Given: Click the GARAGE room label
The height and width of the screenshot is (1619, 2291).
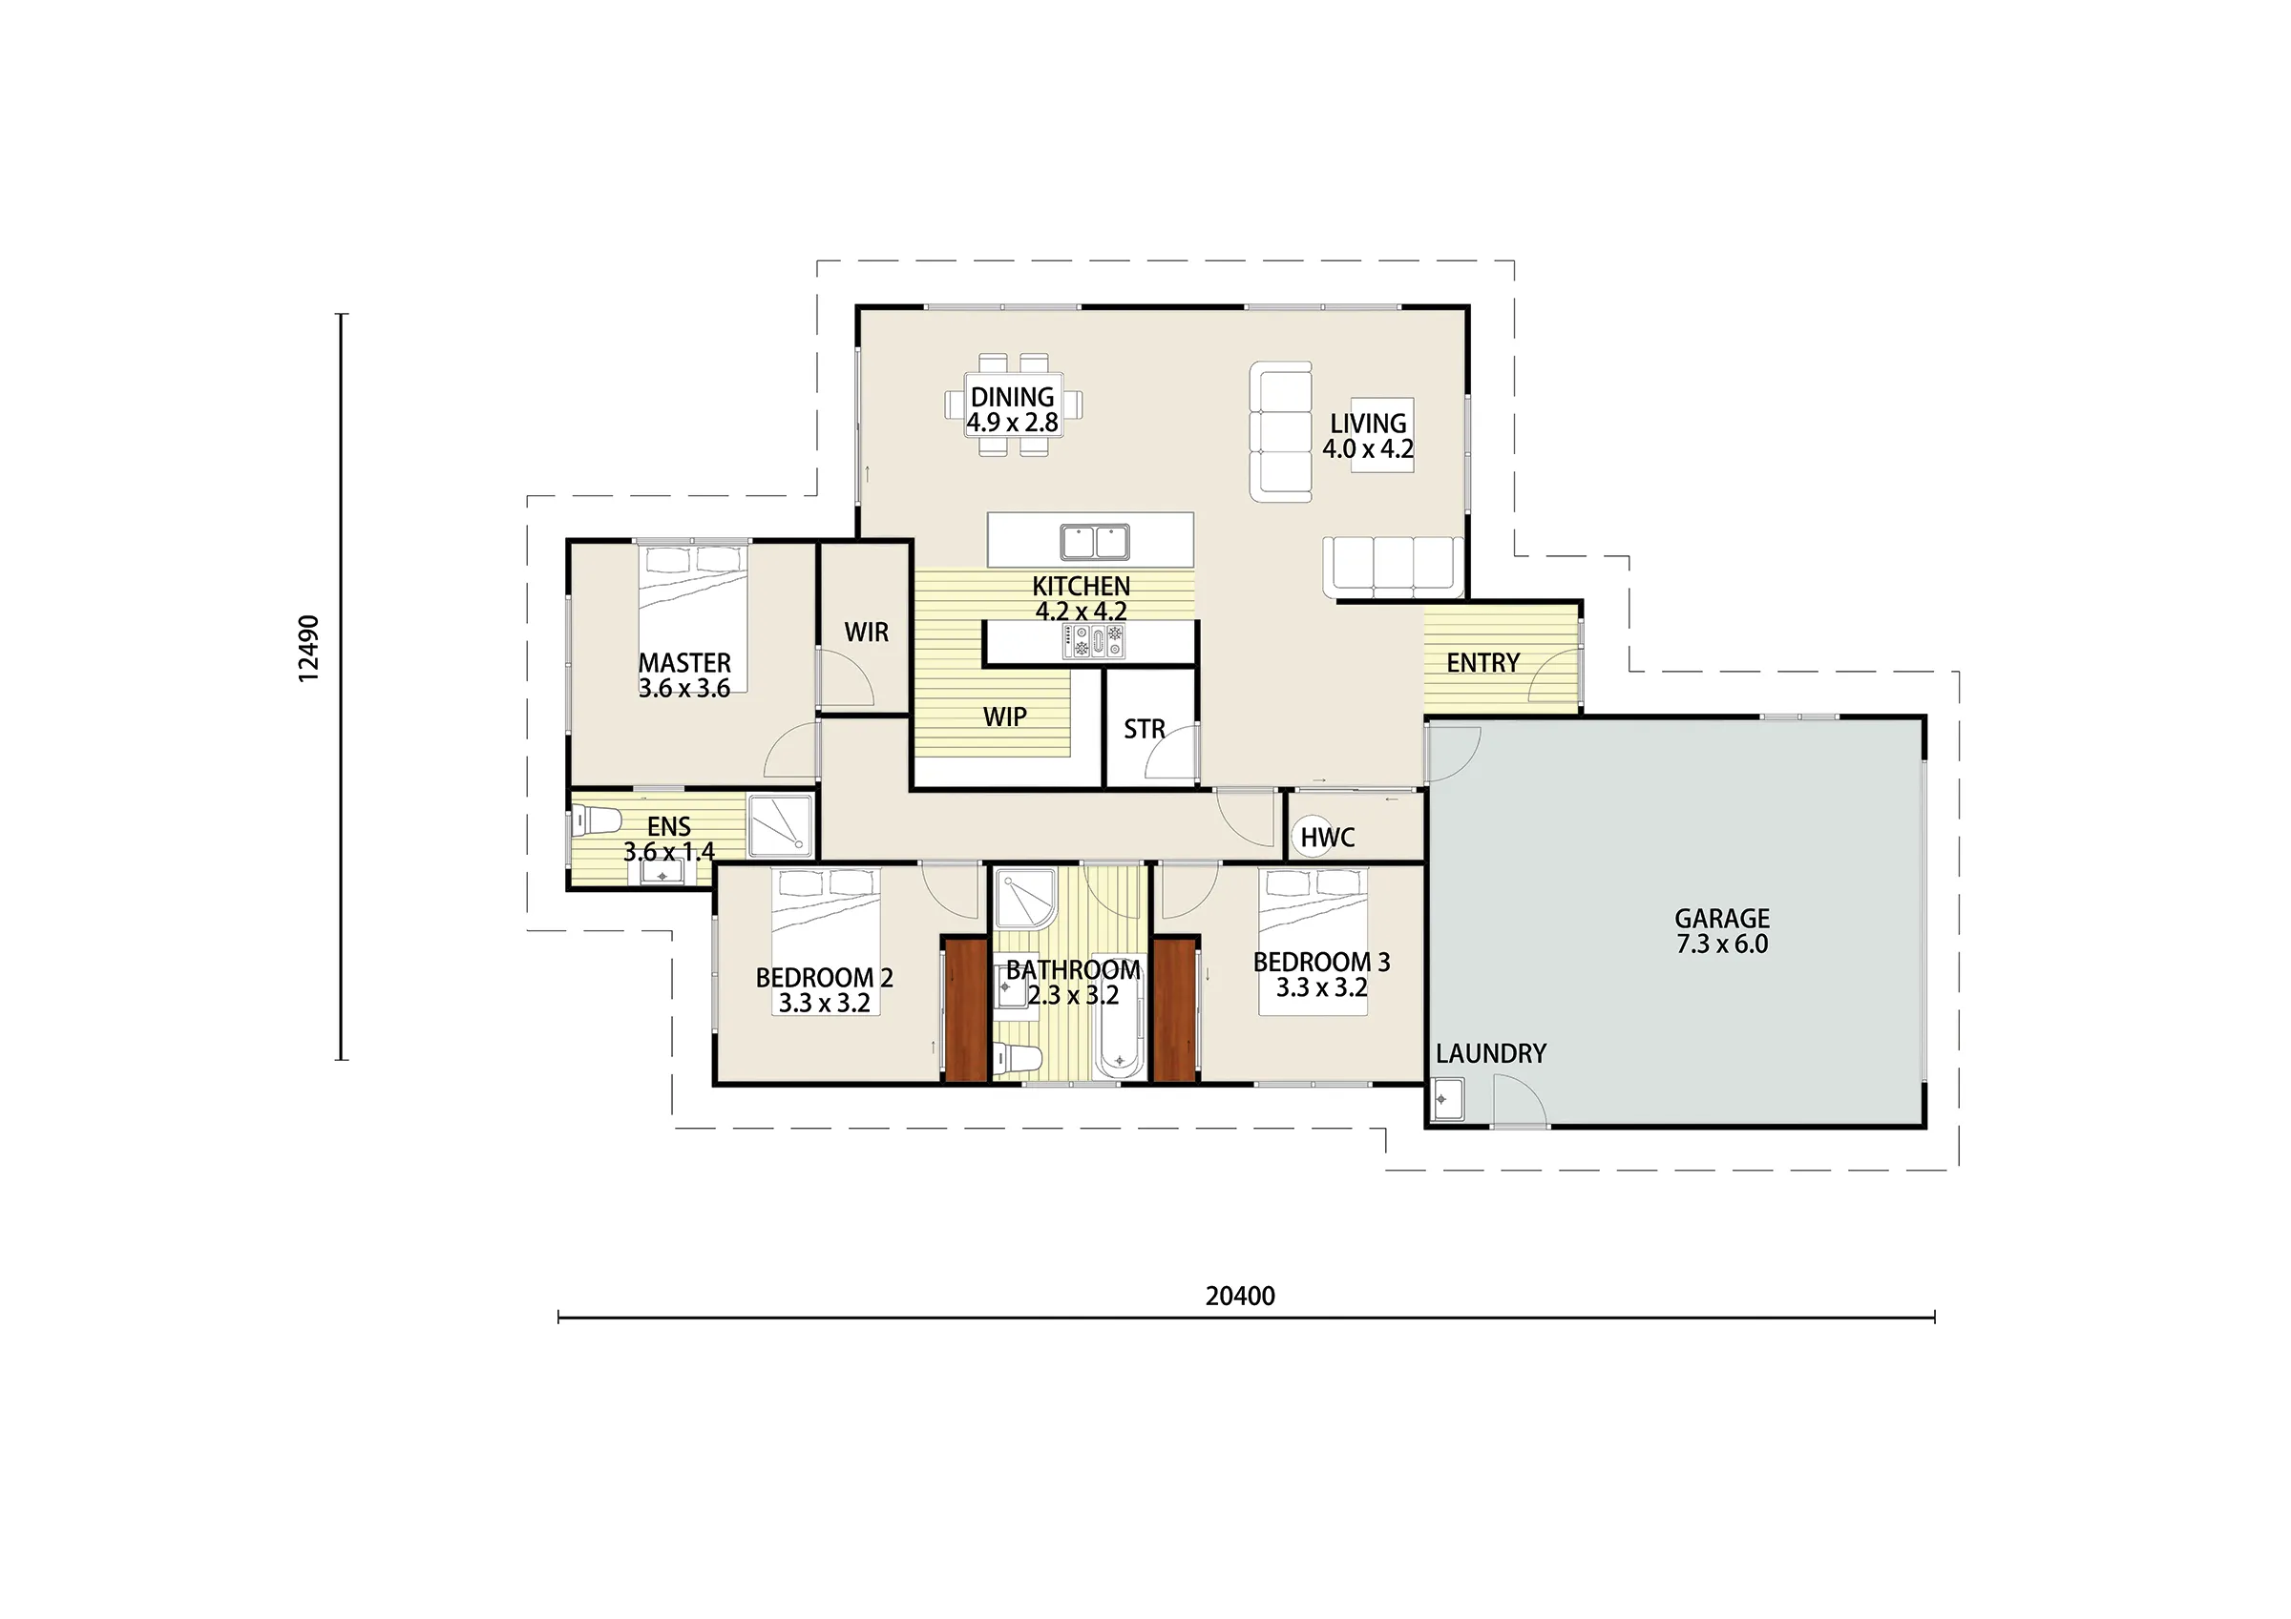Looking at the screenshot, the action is pos(1722,919).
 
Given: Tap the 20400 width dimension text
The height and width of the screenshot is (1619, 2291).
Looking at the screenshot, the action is pos(1240,1296).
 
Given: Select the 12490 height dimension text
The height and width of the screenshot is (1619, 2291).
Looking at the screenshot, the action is pos(309,649).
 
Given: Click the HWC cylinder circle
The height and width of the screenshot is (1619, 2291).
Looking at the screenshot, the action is pos(1315,836).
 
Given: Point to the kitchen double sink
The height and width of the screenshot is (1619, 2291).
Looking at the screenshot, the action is pos(1095,542).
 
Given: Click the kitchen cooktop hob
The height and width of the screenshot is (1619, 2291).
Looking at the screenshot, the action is pos(1094,640).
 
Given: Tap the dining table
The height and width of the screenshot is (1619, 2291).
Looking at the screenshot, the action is pos(1014,405).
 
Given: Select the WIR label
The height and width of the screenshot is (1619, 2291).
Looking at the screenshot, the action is pos(866,633).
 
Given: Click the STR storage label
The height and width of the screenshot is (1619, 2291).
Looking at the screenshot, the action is pos(1144,729).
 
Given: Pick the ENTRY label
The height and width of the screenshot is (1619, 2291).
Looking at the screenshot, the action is pos(1482,662).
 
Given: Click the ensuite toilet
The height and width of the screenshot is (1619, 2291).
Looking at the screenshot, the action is pos(596,821).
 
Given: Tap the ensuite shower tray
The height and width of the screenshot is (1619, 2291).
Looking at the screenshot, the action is pos(780,825).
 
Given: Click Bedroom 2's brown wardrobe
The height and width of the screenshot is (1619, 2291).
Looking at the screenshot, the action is pos(966,1009).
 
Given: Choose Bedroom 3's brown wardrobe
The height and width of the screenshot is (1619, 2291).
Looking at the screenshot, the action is pos(1174,1009).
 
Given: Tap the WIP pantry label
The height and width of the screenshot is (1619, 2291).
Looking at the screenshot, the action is pos(1005,716).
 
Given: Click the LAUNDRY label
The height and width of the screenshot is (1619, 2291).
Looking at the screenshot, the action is pos(1491,1053).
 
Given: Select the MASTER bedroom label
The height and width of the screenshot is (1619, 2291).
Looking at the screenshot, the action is pos(684,662).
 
